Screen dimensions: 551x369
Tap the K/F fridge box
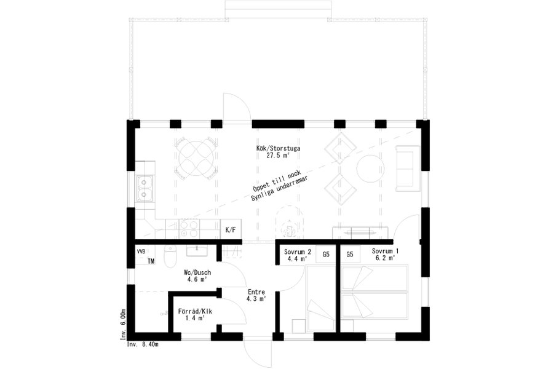231,230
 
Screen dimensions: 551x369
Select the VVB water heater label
141,252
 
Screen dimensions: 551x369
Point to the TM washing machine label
151,261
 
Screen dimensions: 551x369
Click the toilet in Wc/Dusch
170,256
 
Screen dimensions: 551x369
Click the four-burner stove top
189,229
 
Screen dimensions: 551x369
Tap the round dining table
196,158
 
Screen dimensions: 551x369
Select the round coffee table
370,169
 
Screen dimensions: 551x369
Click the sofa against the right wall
408,169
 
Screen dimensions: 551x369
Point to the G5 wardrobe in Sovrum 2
326,254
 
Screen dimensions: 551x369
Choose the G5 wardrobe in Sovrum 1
350,254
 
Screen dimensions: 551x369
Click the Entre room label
256,292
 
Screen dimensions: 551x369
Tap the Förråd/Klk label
195,311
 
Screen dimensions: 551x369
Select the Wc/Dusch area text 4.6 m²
197,280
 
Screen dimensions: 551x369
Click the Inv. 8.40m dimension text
143,344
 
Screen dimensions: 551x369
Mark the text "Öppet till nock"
277,179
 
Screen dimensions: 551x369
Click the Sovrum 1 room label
385,252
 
